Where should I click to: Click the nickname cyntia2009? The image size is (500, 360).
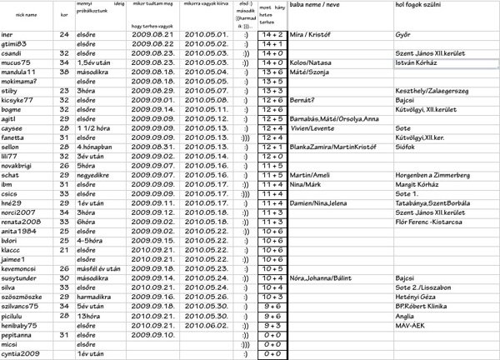(x=22, y=352)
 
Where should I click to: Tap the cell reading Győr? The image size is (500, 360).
(x=403, y=36)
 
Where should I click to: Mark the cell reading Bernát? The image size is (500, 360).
(x=303, y=99)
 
